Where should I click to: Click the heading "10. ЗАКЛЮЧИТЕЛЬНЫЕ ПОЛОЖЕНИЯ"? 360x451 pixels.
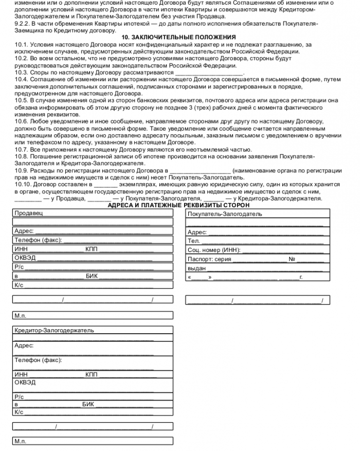pyautogui.click(x=178, y=38)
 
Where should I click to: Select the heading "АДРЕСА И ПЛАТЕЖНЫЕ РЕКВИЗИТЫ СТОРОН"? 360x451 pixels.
pyautogui.click(x=178, y=205)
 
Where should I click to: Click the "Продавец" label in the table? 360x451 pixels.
pyautogui.click(x=29, y=213)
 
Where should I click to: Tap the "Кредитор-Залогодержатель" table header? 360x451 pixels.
pyautogui.click(x=54, y=330)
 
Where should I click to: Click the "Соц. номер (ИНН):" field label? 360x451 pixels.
pyautogui.click(x=213, y=250)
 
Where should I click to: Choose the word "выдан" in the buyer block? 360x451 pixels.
pyautogui.click(x=196, y=268)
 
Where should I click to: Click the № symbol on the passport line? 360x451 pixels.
pyautogui.click(x=292, y=259)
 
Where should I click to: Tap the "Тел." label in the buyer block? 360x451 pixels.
pyautogui.click(x=194, y=241)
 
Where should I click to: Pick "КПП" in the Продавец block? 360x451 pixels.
pyautogui.click(x=91, y=249)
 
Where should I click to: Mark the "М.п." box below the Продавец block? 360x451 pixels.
pyautogui.click(x=21, y=315)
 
